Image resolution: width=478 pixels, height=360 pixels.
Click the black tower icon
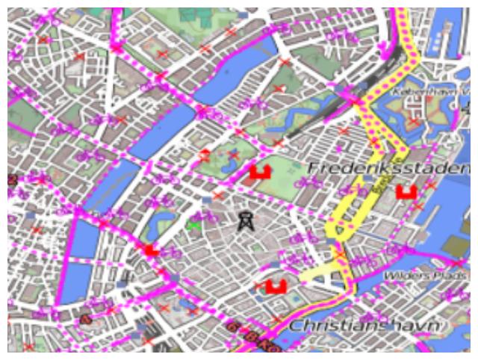(x=244, y=220)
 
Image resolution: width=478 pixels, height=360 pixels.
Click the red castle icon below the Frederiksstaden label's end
(x=406, y=192)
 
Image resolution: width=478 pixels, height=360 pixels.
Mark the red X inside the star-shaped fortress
(x=414, y=121)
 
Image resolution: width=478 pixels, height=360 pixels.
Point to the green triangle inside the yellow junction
(x=341, y=232)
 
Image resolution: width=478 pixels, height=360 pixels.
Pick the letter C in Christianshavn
(x=295, y=326)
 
